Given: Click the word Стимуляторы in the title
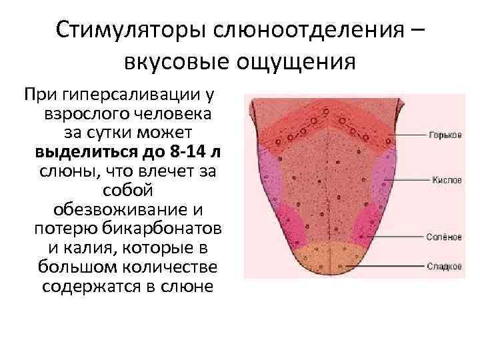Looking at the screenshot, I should click(x=131, y=29).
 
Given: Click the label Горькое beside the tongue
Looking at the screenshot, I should click(x=445, y=134).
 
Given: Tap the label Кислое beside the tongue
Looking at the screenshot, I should click(x=444, y=179).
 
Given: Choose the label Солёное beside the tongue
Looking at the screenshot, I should click(x=445, y=237).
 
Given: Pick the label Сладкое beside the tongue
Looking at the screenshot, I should click(x=445, y=267).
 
